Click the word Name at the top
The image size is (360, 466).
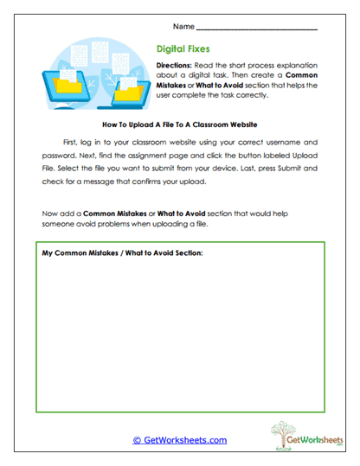tap(183, 26)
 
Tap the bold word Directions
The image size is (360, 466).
tap(177, 67)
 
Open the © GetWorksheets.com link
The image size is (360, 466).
tap(180, 440)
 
